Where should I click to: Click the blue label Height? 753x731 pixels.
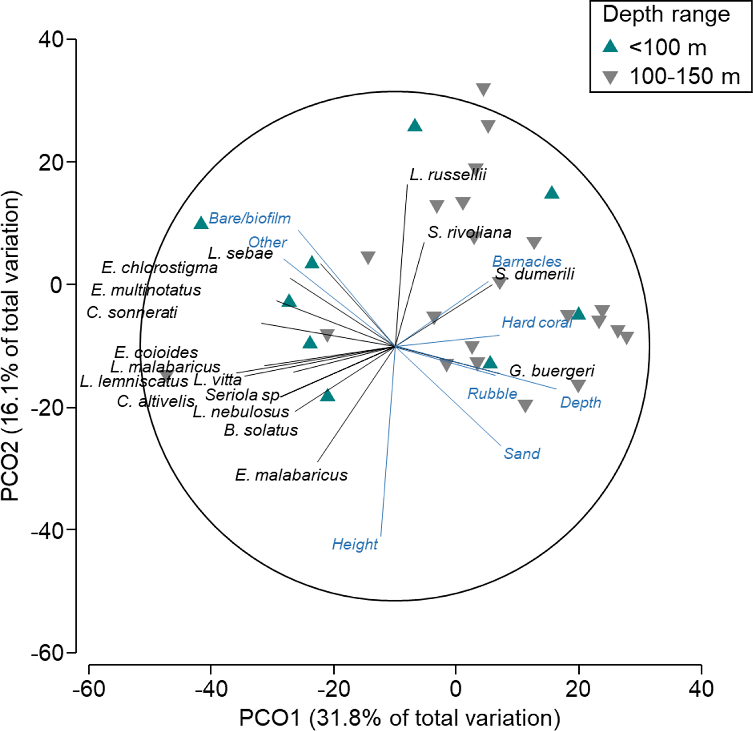pyautogui.click(x=355, y=544)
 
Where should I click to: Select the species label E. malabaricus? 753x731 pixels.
pyautogui.click(x=291, y=476)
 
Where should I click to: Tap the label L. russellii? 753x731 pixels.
pyautogui.click(x=448, y=175)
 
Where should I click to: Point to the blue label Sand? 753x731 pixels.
pyautogui.click(x=521, y=453)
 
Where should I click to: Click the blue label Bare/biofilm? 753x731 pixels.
pyautogui.click(x=250, y=218)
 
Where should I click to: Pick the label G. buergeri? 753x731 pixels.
pyautogui.click(x=552, y=371)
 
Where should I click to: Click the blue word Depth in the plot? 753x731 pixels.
pyautogui.click(x=580, y=402)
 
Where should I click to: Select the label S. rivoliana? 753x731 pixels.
pyautogui.click(x=469, y=232)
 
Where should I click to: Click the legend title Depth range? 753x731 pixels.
pyautogui.click(x=666, y=15)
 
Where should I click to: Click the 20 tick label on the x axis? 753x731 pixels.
pyautogui.click(x=578, y=689)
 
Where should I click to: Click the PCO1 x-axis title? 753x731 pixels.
pyautogui.click(x=399, y=717)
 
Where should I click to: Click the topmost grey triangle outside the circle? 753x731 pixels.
pyautogui.click(x=483, y=89)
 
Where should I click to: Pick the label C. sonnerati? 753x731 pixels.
pyautogui.click(x=132, y=312)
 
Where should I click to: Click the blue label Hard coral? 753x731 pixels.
pyautogui.click(x=537, y=322)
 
